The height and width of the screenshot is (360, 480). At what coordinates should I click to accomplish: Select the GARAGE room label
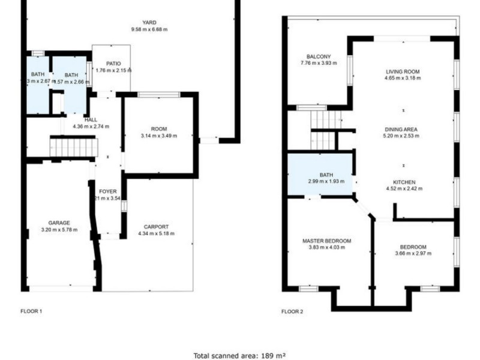pos(59,222)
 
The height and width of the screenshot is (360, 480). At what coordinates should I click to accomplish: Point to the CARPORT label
pos(157,226)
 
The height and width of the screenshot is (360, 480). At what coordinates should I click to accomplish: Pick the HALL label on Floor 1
pos(91,119)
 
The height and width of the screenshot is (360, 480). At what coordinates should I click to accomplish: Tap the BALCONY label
pos(319,56)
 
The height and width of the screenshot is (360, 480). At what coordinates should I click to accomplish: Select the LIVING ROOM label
pos(403,71)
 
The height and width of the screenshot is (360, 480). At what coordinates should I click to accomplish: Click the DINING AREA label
pos(402,129)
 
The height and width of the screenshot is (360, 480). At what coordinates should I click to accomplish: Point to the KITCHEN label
pos(404,182)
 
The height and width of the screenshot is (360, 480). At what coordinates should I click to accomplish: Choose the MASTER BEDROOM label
pos(326,241)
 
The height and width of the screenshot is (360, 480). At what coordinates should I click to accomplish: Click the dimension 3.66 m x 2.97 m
pos(413,253)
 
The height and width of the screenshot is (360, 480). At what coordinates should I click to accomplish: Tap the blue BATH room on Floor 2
pos(320,174)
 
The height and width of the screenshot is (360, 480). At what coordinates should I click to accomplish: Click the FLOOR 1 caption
pos(31,311)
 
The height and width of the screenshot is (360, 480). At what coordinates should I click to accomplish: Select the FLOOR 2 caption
pos(292,311)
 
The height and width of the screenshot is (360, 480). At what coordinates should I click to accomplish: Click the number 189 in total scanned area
pos(268,355)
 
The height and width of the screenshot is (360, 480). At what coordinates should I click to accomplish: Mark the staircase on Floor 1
pos(73,147)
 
